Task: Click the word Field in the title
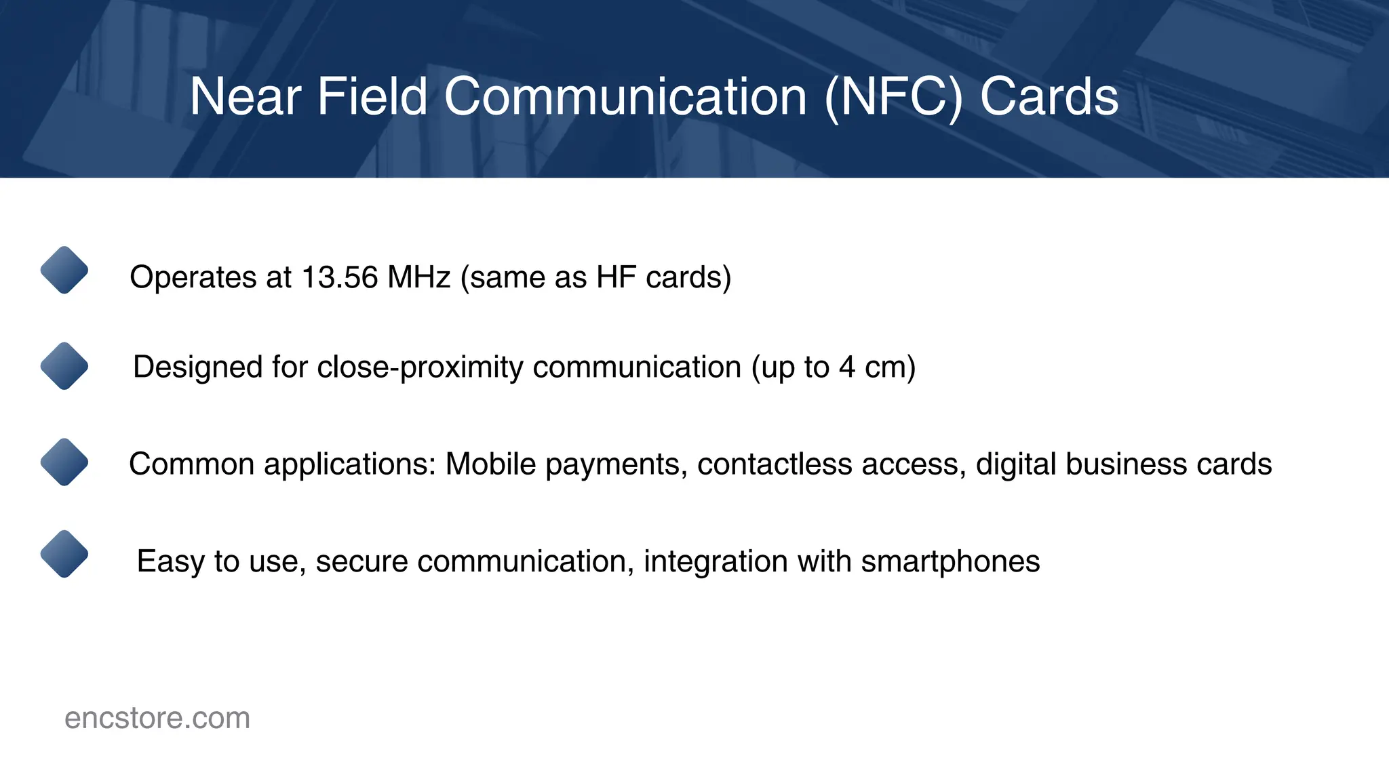click(372, 97)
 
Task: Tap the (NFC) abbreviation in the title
click(893, 97)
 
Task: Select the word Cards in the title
click(1049, 97)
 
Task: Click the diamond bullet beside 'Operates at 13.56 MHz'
click(64, 270)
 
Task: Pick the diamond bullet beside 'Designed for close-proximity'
click(64, 366)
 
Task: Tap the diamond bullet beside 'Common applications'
click(64, 462)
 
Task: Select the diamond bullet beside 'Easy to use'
click(64, 554)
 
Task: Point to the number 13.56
click(339, 277)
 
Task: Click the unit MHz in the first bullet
click(418, 277)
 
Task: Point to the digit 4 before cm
click(846, 367)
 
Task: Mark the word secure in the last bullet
click(361, 561)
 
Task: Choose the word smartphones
click(950, 561)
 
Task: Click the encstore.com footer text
click(157, 718)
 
